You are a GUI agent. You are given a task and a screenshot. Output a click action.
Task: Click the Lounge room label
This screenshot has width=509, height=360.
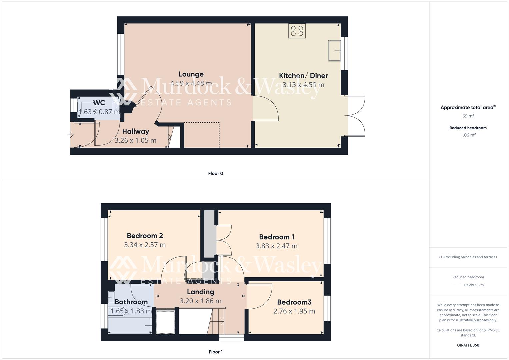coord(191,74)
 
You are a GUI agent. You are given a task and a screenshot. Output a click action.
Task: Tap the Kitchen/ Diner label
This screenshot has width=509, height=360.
coord(303,76)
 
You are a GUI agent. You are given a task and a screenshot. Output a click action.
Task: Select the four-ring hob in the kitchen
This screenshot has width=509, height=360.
coord(297,31)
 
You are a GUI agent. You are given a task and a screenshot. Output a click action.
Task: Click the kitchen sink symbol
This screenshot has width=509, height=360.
coord(334,51)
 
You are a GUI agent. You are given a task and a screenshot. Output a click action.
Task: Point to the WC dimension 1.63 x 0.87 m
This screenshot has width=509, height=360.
coord(99,112)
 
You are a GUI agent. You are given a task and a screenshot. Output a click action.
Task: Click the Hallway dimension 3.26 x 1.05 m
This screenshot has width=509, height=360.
coord(135,140)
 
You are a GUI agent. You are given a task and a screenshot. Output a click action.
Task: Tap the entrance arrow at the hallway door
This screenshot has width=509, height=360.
coord(71,135)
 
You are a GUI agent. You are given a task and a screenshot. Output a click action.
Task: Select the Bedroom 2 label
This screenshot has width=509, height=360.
coord(145,236)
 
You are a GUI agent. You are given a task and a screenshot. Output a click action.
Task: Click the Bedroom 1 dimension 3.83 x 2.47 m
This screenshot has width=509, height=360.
coord(276,246)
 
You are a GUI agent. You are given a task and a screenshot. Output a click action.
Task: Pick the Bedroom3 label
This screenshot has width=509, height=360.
coord(294,302)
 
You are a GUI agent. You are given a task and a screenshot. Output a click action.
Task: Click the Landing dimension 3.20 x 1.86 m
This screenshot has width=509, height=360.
coord(200,301)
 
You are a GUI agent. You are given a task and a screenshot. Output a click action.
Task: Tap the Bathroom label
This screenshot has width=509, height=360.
coord(131,302)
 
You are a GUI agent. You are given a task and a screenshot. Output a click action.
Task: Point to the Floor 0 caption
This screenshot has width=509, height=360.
coord(215,173)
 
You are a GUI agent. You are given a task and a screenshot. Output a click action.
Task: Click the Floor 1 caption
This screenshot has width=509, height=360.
coord(215,352)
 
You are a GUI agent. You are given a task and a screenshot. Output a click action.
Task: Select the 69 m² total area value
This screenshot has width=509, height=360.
coord(468,116)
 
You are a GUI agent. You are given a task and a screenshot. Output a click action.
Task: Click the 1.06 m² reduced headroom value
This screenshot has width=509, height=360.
coord(468,135)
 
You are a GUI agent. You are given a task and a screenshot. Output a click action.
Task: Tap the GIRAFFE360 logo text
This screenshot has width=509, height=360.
coord(468,345)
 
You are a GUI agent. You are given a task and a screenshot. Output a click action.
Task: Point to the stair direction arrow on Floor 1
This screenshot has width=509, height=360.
coord(221,322)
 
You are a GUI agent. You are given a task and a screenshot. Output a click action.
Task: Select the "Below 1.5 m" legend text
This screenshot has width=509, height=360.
coord(474,285)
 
